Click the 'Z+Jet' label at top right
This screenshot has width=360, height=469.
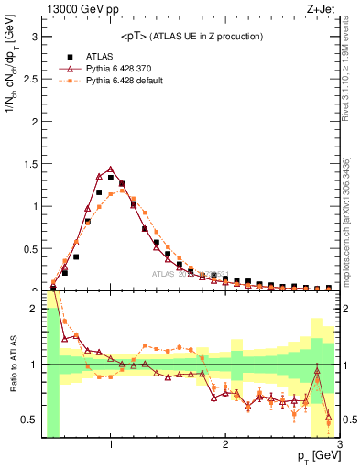pos(322,10)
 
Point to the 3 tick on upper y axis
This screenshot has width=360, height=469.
pos(34,38)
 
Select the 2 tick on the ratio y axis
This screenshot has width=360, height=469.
pos(34,309)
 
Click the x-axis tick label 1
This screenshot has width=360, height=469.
pos(111,444)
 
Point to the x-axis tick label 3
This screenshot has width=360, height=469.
pos(339,444)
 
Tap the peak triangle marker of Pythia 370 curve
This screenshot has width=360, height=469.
pos(111,169)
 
